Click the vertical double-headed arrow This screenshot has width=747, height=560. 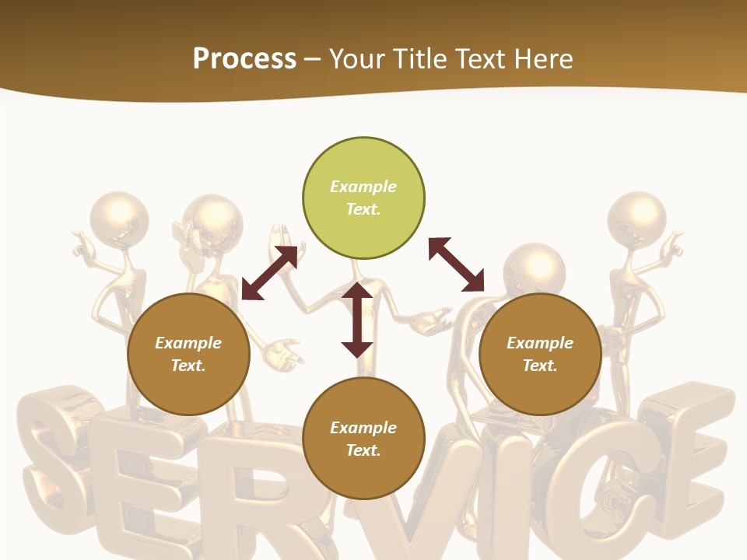click(x=357, y=320)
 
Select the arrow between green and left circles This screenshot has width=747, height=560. click(x=269, y=273)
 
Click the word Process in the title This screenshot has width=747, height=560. click(x=244, y=58)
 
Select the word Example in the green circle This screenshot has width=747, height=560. click(x=363, y=187)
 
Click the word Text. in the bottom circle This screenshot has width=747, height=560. click(x=363, y=450)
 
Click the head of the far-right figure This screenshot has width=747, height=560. click(x=637, y=218)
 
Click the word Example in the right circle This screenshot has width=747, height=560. click(x=540, y=343)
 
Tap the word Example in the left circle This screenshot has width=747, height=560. click(x=188, y=343)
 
